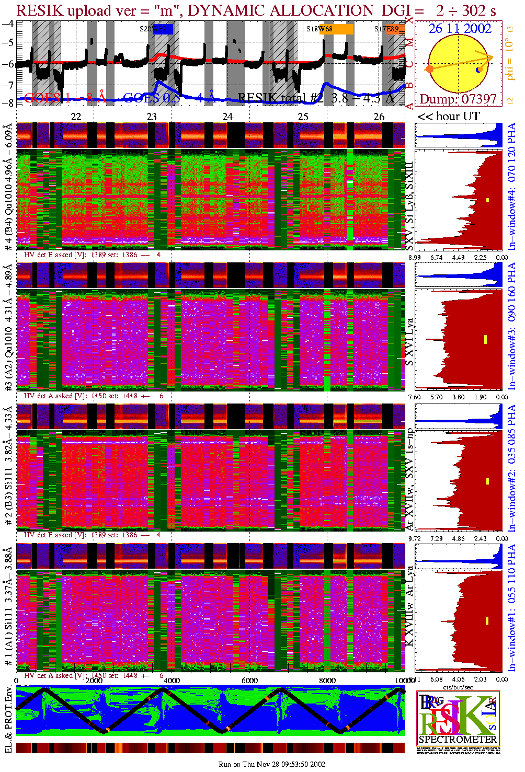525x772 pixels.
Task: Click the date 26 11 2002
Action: (460, 29)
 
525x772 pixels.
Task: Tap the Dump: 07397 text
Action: (458, 99)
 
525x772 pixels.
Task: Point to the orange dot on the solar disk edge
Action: (429, 69)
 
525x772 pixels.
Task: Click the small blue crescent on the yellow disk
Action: (478, 70)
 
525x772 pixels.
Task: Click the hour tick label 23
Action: (152, 117)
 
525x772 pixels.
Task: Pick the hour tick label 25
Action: (303, 117)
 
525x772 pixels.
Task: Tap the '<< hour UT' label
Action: (448, 117)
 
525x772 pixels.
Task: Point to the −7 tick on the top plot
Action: (8, 85)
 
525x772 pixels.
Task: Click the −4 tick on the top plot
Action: (8, 24)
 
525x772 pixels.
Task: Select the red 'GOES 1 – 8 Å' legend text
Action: (65, 98)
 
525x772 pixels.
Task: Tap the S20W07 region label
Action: (155, 29)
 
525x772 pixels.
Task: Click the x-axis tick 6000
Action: (249, 681)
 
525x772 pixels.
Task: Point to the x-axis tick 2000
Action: (94, 681)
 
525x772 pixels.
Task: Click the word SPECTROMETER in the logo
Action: (458, 740)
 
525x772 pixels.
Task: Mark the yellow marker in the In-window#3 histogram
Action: (485, 339)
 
